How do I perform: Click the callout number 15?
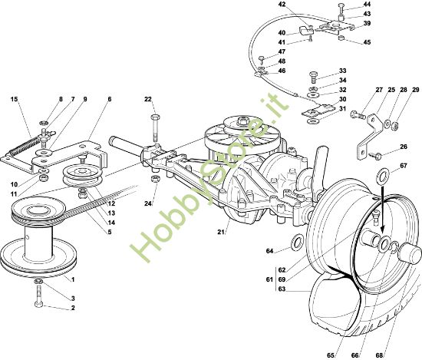click(15, 99)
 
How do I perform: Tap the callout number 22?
click(148, 99)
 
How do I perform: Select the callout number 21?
click(221, 232)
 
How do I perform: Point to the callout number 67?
click(403, 166)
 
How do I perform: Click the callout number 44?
click(367, 4)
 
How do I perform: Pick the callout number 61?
click(269, 279)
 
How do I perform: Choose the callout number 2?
click(73, 308)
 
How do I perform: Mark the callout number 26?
click(404, 147)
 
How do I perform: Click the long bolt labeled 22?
click(155, 128)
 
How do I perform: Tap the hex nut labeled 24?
click(155, 178)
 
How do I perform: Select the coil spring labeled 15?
click(25, 145)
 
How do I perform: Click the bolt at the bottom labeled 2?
click(38, 296)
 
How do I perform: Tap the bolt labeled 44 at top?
click(341, 8)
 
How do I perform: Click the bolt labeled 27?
click(358, 115)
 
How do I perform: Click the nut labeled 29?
click(395, 126)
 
